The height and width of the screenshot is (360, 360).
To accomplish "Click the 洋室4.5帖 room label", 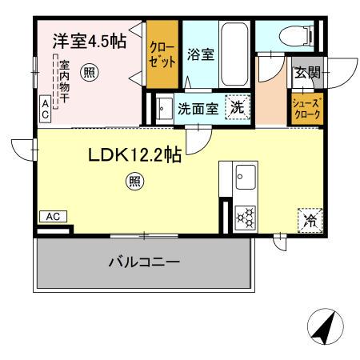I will click(x=89, y=42).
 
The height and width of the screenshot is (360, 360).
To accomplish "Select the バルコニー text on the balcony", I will click(x=143, y=262).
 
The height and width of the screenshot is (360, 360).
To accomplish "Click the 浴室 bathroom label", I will click(x=200, y=54).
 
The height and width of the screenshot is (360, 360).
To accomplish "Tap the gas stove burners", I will click(x=244, y=216).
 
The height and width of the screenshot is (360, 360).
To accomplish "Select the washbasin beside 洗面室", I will click(x=163, y=107).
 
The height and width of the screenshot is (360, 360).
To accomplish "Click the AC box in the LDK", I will click(x=52, y=216).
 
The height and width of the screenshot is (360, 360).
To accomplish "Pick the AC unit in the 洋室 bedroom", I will click(x=45, y=108).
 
